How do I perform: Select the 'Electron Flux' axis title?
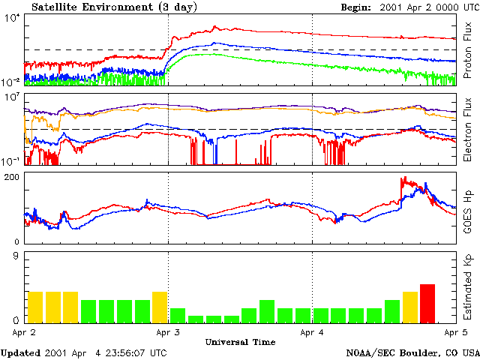(468, 129)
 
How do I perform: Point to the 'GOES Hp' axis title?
(468, 207)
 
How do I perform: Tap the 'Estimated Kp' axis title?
(468, 286)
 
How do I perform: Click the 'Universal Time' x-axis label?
(240, 342)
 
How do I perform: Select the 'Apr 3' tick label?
(167, 331)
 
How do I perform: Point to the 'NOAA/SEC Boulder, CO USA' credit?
(412, 352)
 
